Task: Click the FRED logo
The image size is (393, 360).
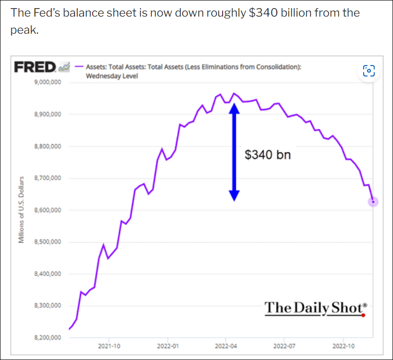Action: pyautogui.click(x=35, y=66)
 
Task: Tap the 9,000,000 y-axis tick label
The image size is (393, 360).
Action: pyautogui.click(x=47, y=83)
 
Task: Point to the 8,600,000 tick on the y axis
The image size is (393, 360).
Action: pyautogui.click(x=47, y=210)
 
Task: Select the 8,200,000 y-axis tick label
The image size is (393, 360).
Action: pyautogui.click(x=47, y=338)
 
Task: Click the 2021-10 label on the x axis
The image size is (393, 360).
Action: pyautogui.click(x=109, y=346)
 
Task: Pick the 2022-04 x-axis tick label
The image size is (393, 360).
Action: pyautogui.click(x=226, y=346)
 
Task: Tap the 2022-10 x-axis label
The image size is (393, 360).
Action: pyautogui.click(x=343, y=346)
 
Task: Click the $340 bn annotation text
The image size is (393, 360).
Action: pyautogui.click(x=268, y=154)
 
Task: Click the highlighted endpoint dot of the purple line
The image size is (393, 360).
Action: pyautogui.click(x=373, y=202)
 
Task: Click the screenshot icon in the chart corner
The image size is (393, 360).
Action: pyautogui.click(x=369, y=71)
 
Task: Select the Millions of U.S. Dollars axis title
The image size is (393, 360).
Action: pyautogui.click(x=21, y=209)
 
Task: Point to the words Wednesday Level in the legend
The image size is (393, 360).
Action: pyautogui.click(x=112, y=76)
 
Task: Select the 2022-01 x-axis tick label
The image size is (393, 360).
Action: pyautogui.click(x=168, y=346)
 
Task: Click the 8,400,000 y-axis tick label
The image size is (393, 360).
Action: pyautogui.click(x=47, y=274)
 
